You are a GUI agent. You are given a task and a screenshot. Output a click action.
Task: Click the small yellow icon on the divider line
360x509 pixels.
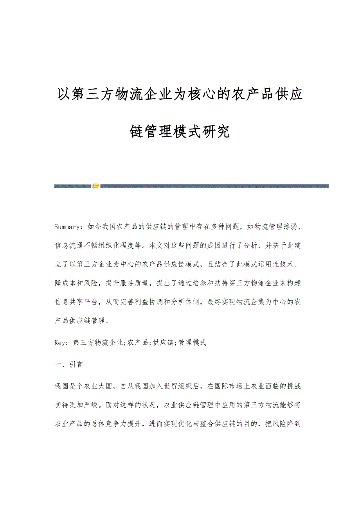click(x=95, y=186)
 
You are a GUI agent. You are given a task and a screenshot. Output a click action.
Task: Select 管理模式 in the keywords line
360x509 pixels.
click(x=193, y=342)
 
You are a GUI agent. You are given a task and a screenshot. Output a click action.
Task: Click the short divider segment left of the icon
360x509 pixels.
click(x=73, y=186)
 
